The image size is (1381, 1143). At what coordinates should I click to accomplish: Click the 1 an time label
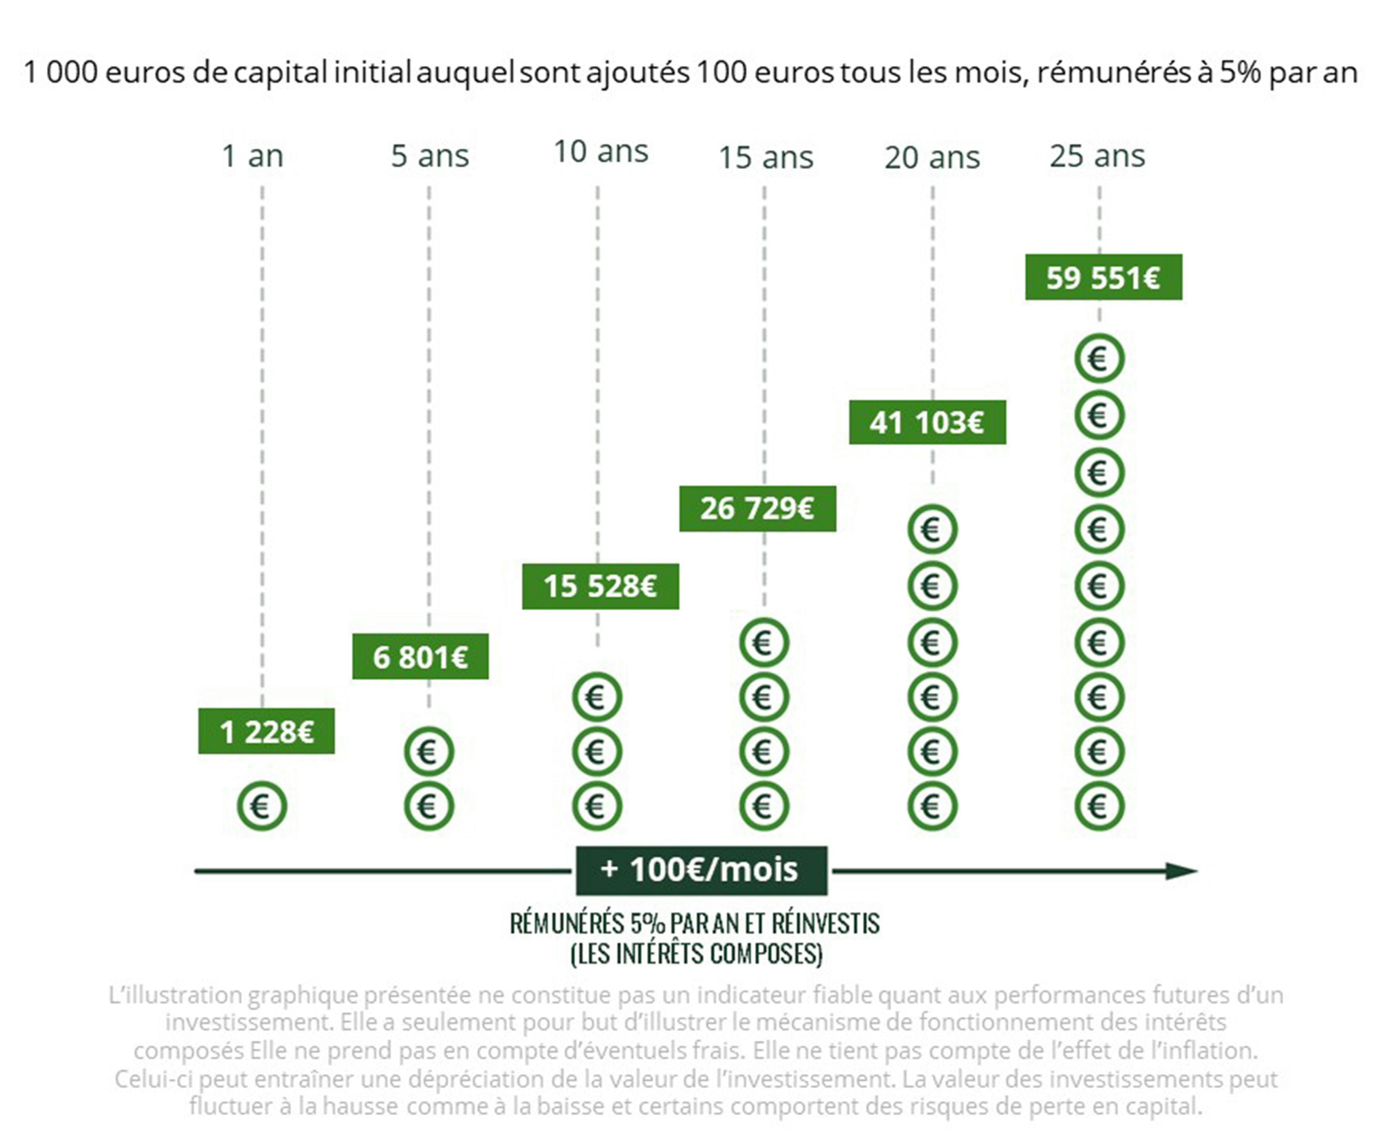click(252, 156)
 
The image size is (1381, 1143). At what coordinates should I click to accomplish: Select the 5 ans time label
click(429, 156)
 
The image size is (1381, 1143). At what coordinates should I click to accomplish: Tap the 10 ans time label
click(600, 152)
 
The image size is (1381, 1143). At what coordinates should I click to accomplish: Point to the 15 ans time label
click(765, 158)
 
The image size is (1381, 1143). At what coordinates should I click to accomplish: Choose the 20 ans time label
click(932, 158)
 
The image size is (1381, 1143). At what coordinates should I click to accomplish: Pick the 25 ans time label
click(1097, 156)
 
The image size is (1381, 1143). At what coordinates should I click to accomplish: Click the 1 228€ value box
click(266, 731)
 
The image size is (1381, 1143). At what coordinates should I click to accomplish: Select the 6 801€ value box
click(420, 656)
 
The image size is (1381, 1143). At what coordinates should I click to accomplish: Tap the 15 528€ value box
click(600, 586)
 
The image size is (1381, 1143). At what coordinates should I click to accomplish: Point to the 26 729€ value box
click(757, 508)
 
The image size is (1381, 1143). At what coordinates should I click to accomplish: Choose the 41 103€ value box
click(927, 422)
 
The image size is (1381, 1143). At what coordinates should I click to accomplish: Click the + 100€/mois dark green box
click(701, 870)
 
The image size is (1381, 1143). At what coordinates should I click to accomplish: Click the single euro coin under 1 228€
click(262, 806)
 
